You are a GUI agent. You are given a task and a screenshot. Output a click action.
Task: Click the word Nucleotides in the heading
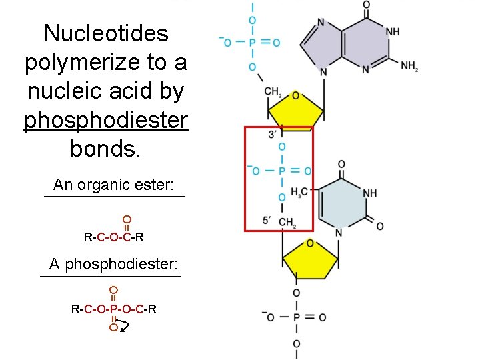pos(106,33)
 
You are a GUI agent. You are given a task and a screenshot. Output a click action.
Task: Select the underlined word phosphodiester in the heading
pos(106,120)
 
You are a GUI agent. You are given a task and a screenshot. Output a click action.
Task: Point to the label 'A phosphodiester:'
pos(114,264)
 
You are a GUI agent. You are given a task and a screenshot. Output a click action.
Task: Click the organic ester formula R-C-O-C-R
pos(114,237)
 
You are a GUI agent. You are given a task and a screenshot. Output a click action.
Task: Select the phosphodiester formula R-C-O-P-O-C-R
pos(114,309)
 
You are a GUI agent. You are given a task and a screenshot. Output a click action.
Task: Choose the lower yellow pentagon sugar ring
pos(310,259)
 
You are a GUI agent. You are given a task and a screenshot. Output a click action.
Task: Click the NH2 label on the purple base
pos(409,66)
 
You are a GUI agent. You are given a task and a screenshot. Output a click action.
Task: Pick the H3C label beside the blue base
pos(300,193)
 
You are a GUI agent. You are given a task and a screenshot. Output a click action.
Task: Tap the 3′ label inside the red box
pos(273,134)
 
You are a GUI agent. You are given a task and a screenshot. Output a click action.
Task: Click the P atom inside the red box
pos(282,171)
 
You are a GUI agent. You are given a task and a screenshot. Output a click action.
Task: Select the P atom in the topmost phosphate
pos(253,43)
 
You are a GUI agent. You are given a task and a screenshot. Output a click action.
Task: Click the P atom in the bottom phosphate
pos(296,317)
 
